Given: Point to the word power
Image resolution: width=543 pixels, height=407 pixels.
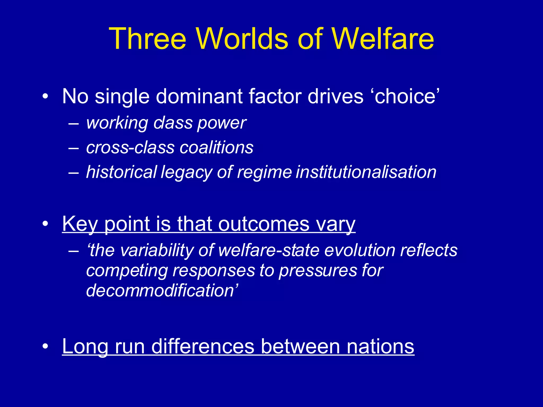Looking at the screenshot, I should pyautogui.click(x=222, y=123).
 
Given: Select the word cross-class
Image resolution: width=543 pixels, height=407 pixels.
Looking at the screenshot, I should pyautogui.click(x=130, y=148).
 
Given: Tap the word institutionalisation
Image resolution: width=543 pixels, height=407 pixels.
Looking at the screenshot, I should pyautogui.click(x=366, y=172).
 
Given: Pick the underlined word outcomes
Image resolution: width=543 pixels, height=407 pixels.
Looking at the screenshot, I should pyautogui.click(x=264, y=224).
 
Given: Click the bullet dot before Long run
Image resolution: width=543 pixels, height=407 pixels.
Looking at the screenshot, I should pyautogui.click(x=45, y=346).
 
